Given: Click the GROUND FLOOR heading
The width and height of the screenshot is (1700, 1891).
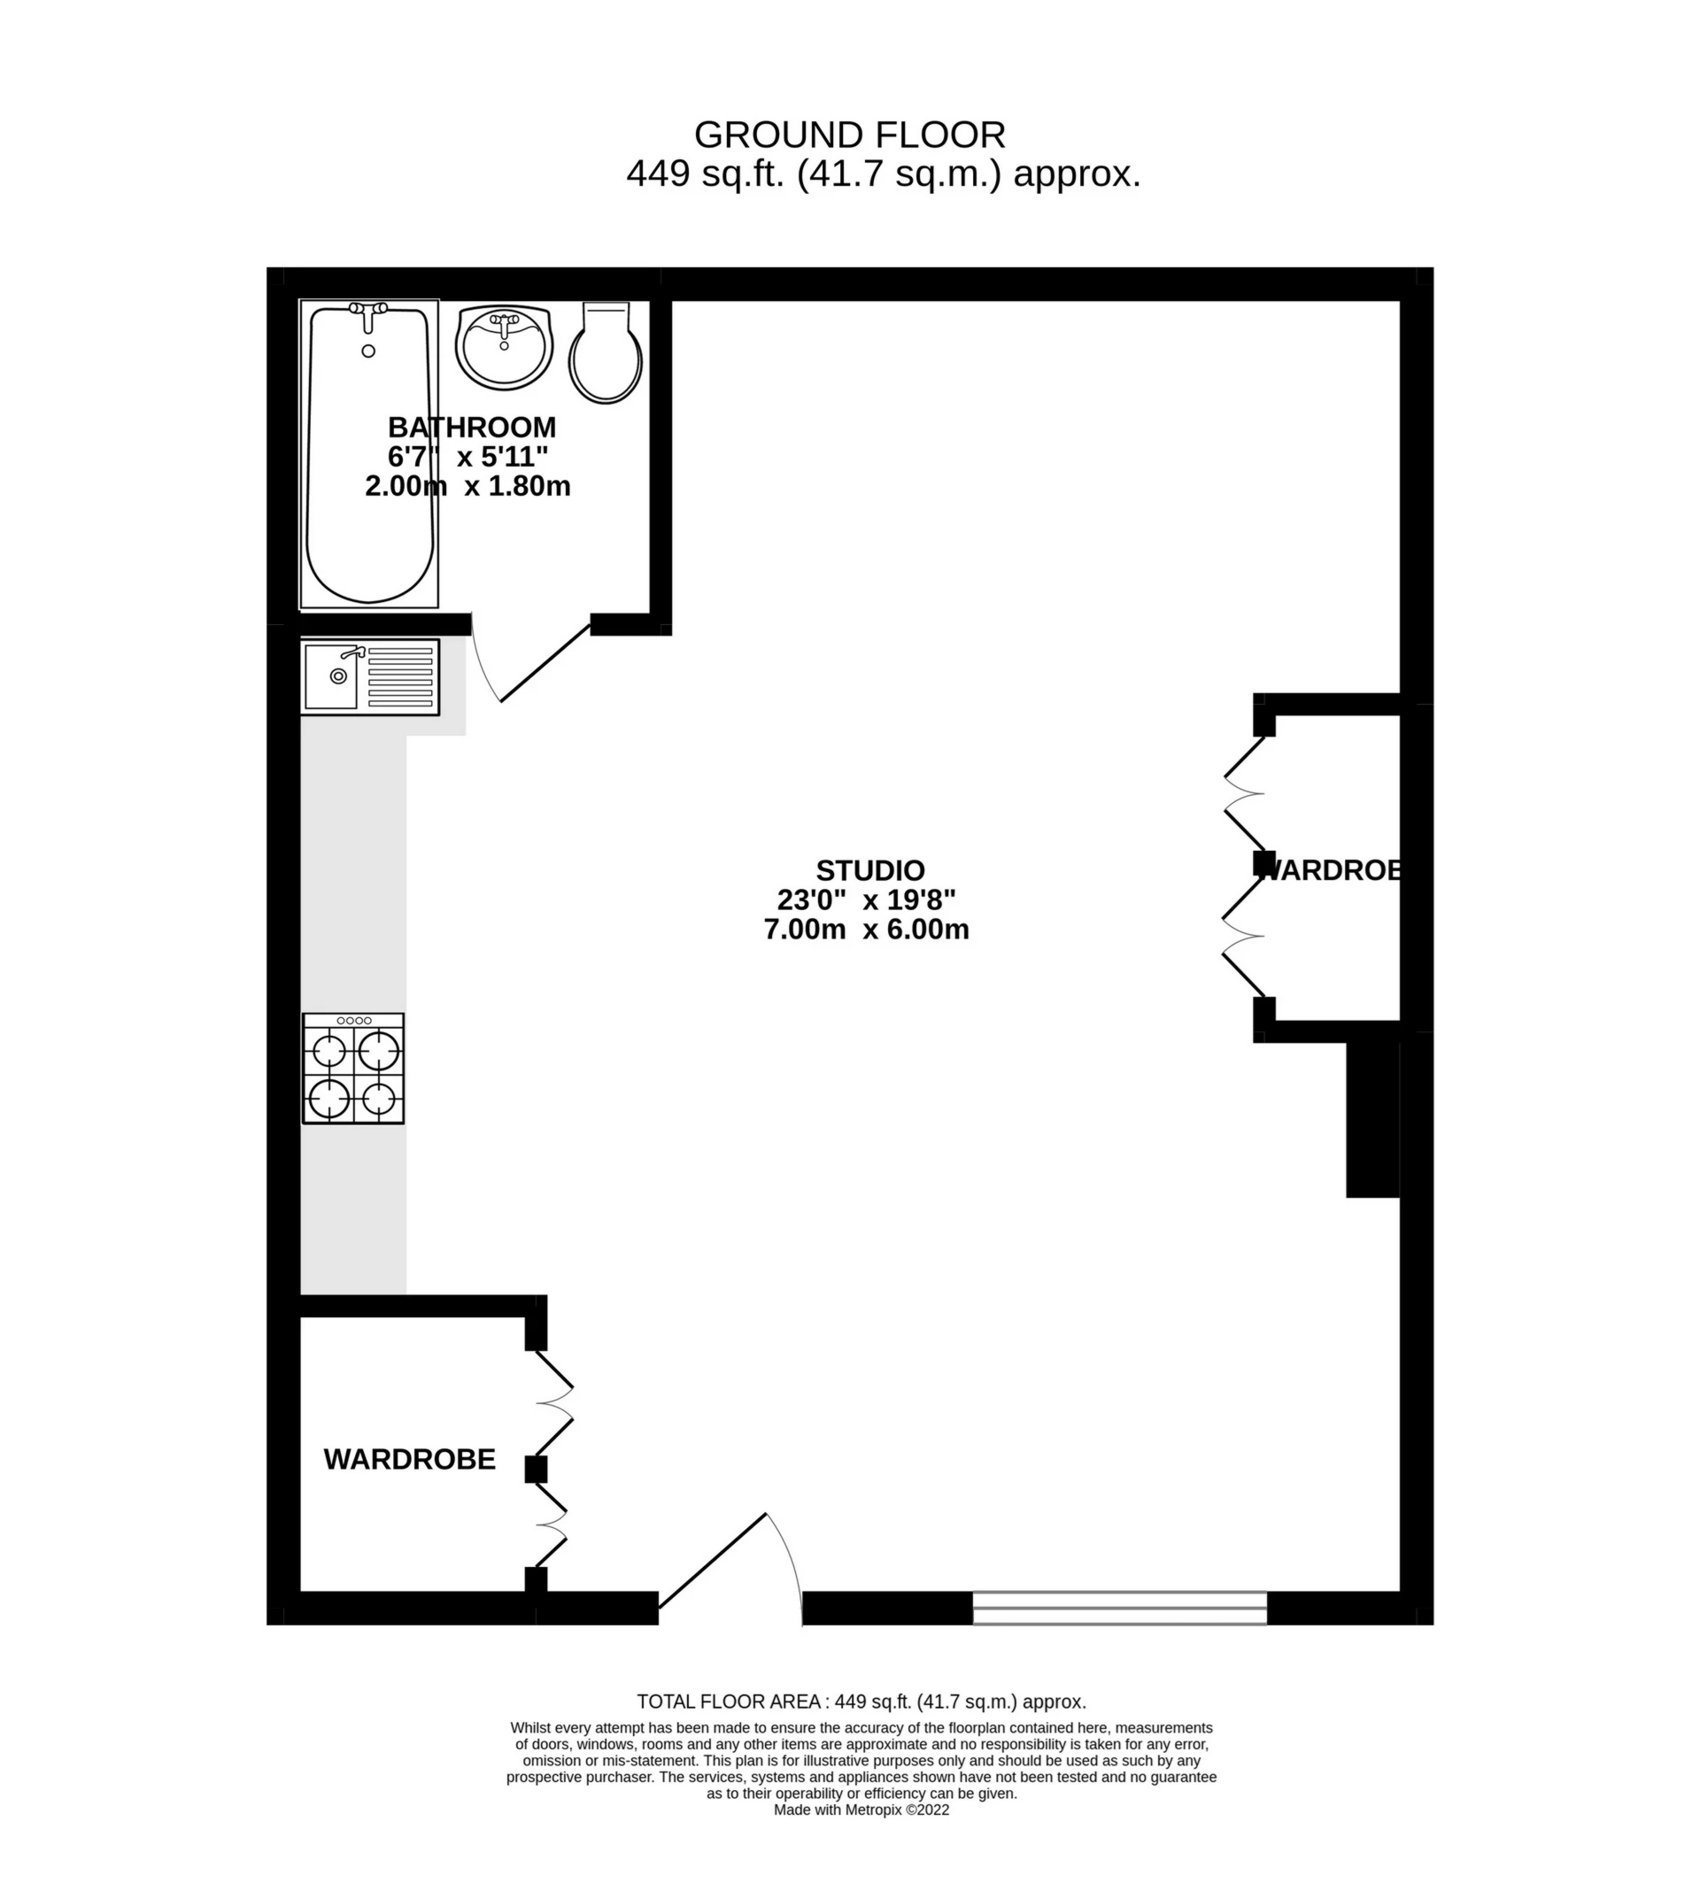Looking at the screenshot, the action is click(849, 135).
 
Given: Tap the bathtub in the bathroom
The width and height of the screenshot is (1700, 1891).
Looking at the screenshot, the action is click(369, 454).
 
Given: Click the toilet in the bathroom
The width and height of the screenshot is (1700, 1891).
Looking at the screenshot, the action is click(606, 352).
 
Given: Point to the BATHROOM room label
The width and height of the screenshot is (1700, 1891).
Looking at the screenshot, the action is click(472, 428).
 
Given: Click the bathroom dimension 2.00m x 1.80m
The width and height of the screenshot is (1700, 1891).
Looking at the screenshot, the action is click(468, 487).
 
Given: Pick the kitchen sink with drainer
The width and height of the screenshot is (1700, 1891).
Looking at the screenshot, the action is click(370, 676).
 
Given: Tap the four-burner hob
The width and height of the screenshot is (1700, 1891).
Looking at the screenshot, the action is click(353, 1069).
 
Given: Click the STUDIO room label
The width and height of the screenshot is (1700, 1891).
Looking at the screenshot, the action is click(870, 870).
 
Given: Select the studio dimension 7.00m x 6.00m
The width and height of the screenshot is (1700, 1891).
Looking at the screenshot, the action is click(867, 930).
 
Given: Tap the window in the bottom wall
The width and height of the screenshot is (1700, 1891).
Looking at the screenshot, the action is click(1120, 1608).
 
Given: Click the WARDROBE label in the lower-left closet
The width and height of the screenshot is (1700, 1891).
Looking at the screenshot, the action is click(409, 1460).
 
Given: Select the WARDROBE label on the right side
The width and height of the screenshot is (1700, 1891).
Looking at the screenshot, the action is click(1330, 870).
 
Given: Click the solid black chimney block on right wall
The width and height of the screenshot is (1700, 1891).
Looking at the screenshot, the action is click(1372, 1120).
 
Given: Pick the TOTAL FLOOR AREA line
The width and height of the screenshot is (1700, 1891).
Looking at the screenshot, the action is click(862, 1702).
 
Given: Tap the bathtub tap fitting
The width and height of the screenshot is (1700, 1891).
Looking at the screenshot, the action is click(368, 314).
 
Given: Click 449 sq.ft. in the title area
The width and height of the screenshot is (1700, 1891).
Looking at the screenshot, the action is click(704, 174).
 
